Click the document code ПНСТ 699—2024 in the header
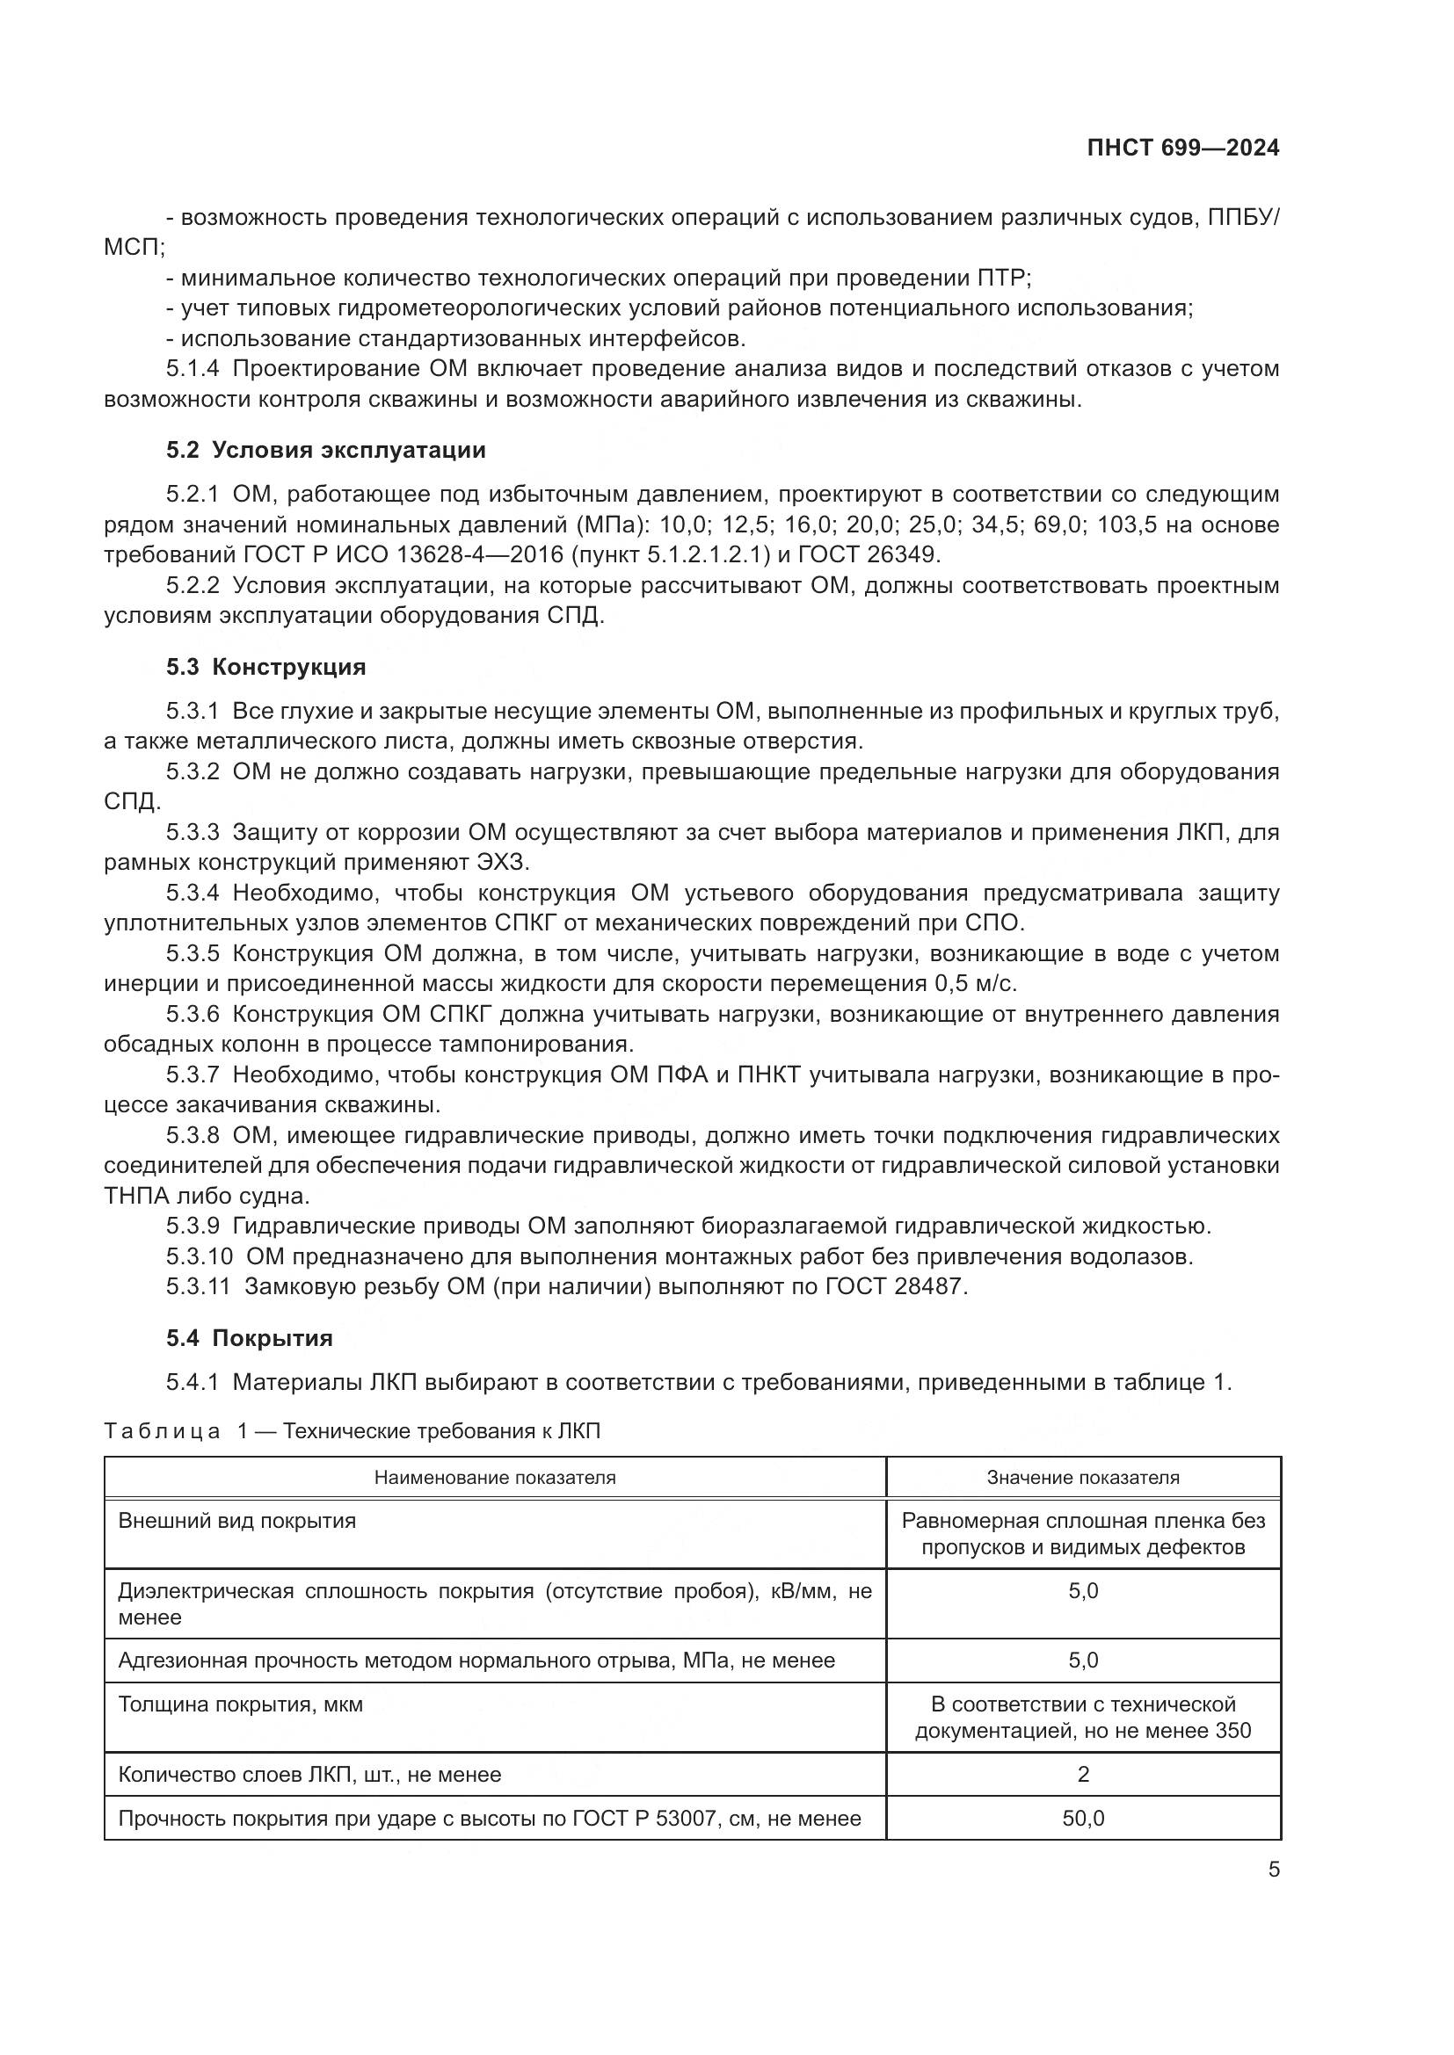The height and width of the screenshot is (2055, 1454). (x=1182, y=148)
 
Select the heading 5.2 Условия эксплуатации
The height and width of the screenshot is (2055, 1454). (x=326, y=450)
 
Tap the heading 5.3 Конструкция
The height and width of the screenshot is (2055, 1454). (x=265, y=667)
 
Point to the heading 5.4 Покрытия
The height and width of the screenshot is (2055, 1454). (x=249, y=1338)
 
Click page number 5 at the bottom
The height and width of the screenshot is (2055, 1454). (x=1274, y=1870)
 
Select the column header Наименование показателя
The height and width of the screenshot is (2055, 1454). (x=494, y=1477)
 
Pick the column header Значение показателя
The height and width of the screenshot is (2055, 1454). (x=1082, y=1477)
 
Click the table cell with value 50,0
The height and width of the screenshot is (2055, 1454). (x=1082, y=1818)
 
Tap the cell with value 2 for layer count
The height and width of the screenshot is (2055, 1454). (x=1082, y=1774)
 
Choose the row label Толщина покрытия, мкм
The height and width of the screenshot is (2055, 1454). (x=241, y=1704)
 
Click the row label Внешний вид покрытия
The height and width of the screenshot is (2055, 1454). (x=237, y=1521)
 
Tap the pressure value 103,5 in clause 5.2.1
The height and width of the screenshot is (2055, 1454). (x=1127, y=525)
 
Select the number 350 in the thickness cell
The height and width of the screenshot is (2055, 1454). (x=1232, y=1730)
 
